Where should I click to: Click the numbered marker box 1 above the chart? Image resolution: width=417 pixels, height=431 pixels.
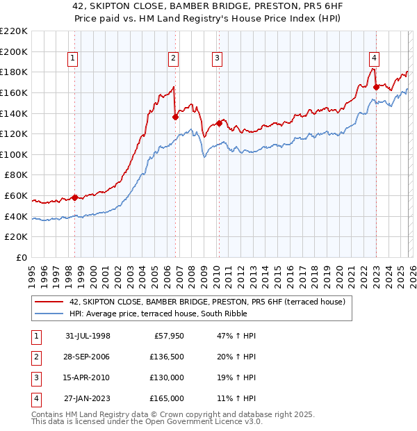click(x=73, y=58)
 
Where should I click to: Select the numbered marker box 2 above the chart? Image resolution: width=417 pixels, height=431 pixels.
click(x=173, y=58)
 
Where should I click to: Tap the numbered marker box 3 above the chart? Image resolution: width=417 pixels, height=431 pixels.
click(x=217, y=58)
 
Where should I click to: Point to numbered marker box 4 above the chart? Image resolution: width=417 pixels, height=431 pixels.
click(x=374, y=58)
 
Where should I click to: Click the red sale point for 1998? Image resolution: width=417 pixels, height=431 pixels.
click(x=75, y=197)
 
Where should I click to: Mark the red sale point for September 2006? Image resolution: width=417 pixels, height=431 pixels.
click(x=175, y=117)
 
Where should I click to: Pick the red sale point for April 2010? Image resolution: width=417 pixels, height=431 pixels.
click(x=219, y=123)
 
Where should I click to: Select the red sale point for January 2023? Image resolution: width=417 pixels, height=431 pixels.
click(x=376, y=87)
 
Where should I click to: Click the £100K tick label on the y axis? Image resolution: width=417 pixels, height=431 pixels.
click(x=14, y=154)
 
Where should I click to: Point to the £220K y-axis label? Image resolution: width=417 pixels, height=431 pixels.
click(x=14, y=31)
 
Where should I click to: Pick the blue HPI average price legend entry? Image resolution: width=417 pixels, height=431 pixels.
click(x=188, y=314)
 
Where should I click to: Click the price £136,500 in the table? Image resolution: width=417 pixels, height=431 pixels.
click(x=167, y=357)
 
